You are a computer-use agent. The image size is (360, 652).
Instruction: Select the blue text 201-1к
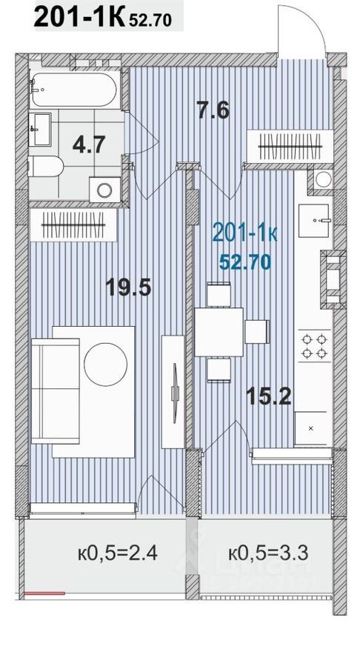pos(244,233)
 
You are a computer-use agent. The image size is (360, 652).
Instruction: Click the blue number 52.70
pos(244,260)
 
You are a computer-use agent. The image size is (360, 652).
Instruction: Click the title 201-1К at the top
pos(81,19)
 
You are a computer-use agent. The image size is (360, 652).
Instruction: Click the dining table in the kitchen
pos(219,330)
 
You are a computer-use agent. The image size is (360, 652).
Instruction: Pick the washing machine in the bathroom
pos(103,187)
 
